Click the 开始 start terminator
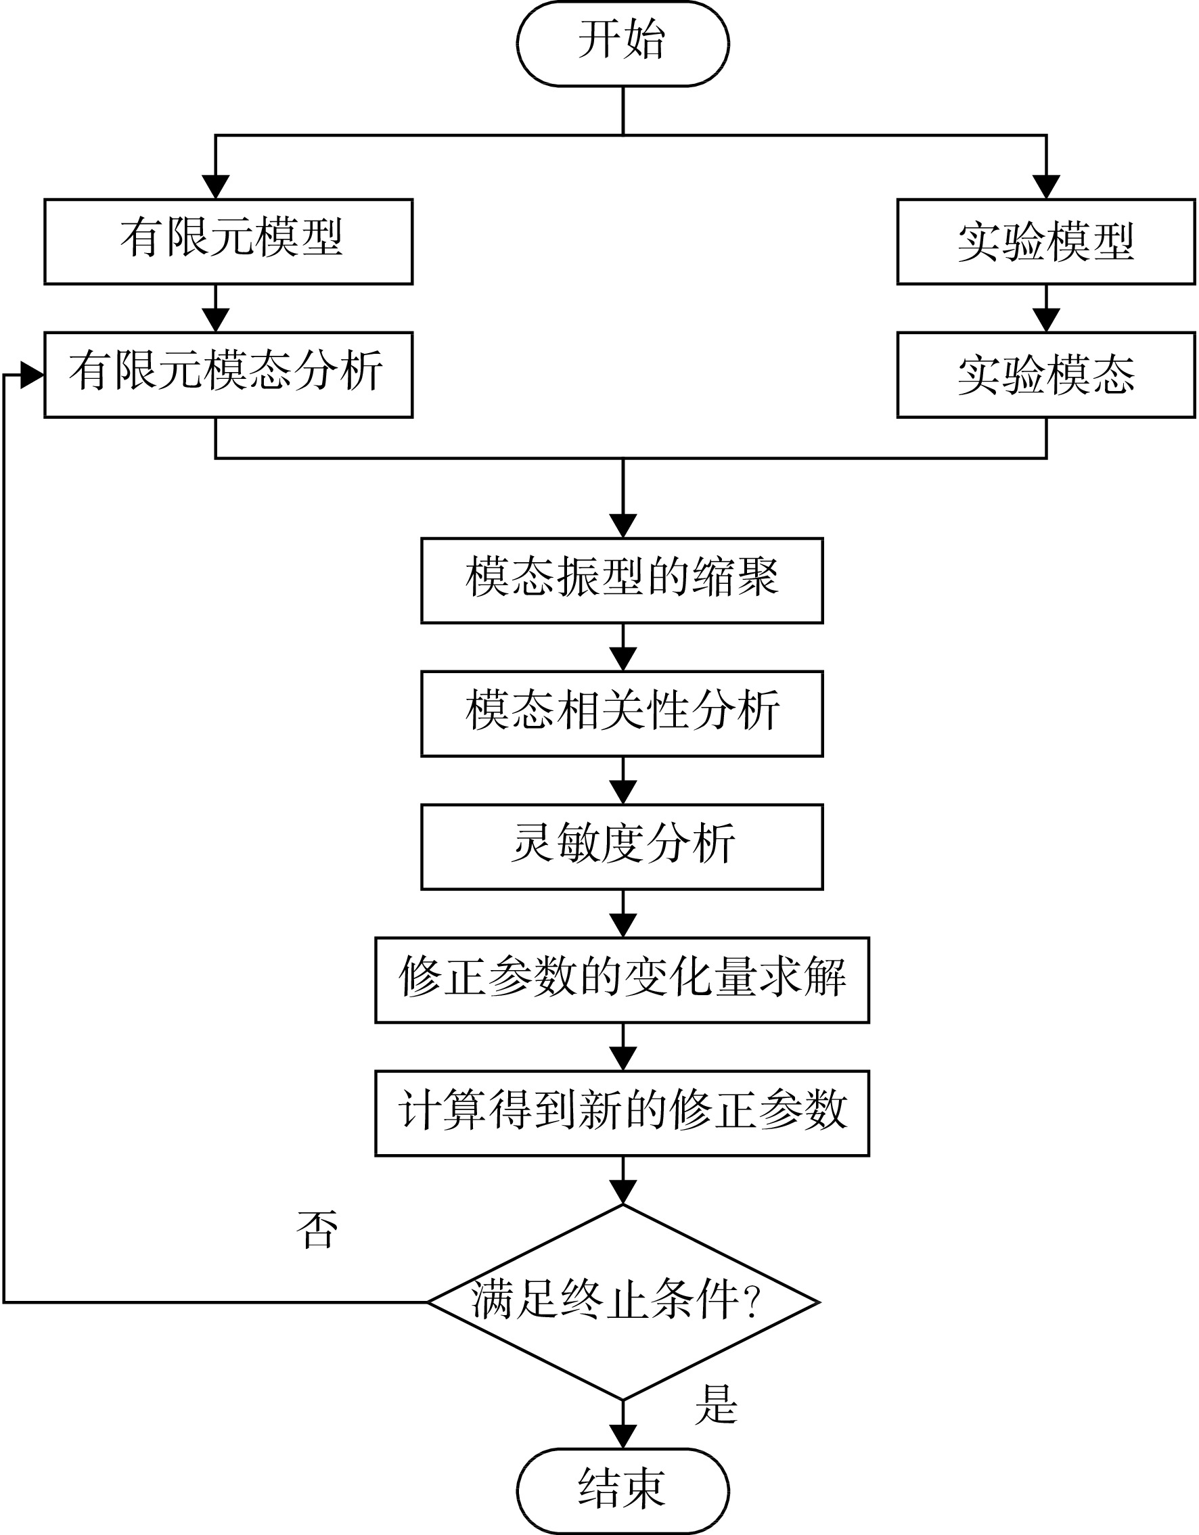(x=623, y=43)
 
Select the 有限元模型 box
(x=229, y=242)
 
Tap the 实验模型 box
(x=1046, y=242)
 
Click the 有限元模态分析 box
(x=229, y=375)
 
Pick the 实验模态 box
(x=1046, y=375)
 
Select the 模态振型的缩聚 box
(x=622, y=580)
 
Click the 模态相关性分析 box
(x=622, y=714)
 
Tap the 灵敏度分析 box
(x=622, y=847)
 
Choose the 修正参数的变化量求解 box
(x=622, y=980)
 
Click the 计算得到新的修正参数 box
(x=622, y=1114)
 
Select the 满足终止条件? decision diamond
(x=623, y=1302)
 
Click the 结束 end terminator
(x=623, y=1492)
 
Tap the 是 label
(x=716, y=1405)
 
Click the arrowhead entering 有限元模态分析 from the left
(x=32, y=375)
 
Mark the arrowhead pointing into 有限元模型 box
(x=216, y=187)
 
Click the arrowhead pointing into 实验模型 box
(x=1047, y=187)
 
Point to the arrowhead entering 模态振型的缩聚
(x=623, y=526)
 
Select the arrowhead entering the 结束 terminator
(x=623, y=1437)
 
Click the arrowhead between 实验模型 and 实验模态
(x=1047, y=321)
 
